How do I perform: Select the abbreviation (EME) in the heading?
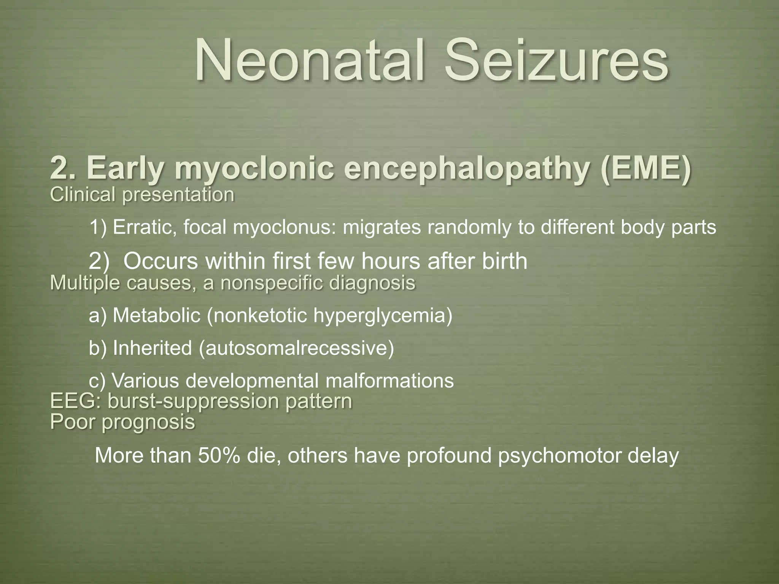645,168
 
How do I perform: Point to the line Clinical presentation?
142,195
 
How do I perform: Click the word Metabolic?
157,316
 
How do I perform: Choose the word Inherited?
152,348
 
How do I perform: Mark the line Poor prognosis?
122,422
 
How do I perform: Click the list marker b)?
98,348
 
